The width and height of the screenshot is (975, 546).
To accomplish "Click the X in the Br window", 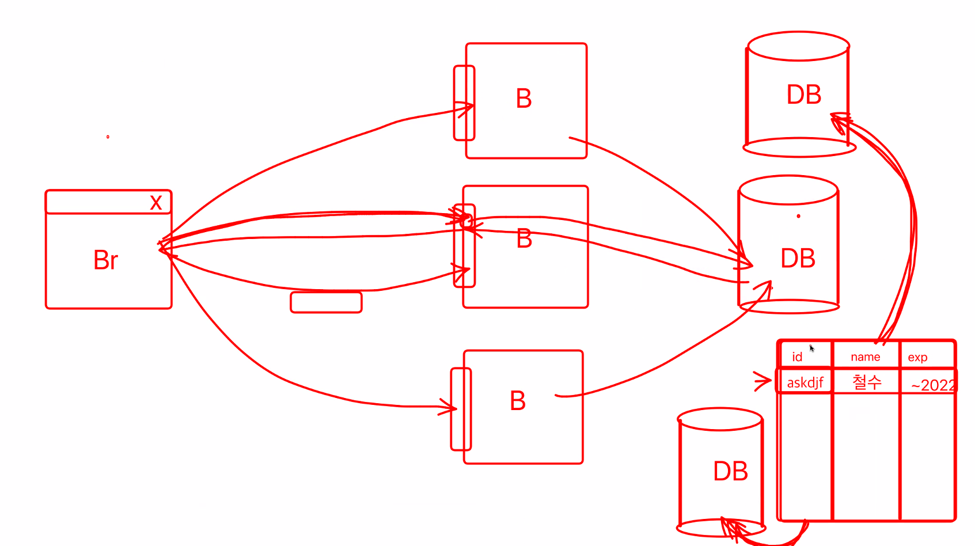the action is [155, 203].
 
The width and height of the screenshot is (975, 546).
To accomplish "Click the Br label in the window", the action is [106, 260].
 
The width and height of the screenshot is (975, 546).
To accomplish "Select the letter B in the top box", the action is [523, 99].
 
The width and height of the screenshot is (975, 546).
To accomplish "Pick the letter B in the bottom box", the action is [518, 401].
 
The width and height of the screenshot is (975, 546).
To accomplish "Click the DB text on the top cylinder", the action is [803, 95].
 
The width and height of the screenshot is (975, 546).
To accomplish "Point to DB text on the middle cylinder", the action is [798, 259].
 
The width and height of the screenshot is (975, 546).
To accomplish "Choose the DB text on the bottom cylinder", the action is [730, 471].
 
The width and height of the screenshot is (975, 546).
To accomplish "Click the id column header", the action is [797, 357].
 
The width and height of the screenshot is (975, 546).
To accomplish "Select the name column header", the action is [865, 357].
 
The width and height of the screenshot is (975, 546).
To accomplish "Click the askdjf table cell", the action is [805, 382].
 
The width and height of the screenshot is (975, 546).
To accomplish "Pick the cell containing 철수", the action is [867, 382].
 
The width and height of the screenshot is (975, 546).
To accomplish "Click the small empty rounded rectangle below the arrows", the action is [326, 302].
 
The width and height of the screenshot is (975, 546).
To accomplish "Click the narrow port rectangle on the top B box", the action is [464, 103].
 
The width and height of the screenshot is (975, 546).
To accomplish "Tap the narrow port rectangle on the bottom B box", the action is [461, 409].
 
